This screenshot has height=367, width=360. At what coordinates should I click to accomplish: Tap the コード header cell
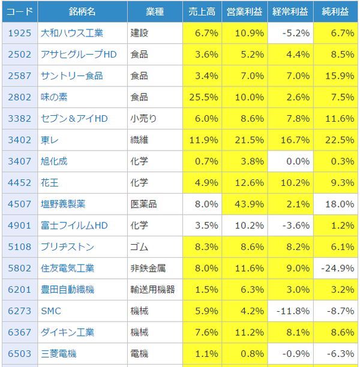click(x=19, y=11)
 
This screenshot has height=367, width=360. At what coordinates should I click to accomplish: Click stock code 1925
click(x=19, y=33)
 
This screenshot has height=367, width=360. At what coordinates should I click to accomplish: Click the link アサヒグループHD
click(x=78, y=55)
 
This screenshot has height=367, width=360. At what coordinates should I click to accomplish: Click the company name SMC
click(x=50, y=311)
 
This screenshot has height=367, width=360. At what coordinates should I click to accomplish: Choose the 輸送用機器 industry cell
click(x=153, y=290)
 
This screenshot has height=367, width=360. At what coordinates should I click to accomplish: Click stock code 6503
click(x=19, y=354)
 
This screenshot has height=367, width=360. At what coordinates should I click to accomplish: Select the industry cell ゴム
click(x=139, y=246)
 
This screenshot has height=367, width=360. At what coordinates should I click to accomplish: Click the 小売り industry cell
click(x=143, y=119)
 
